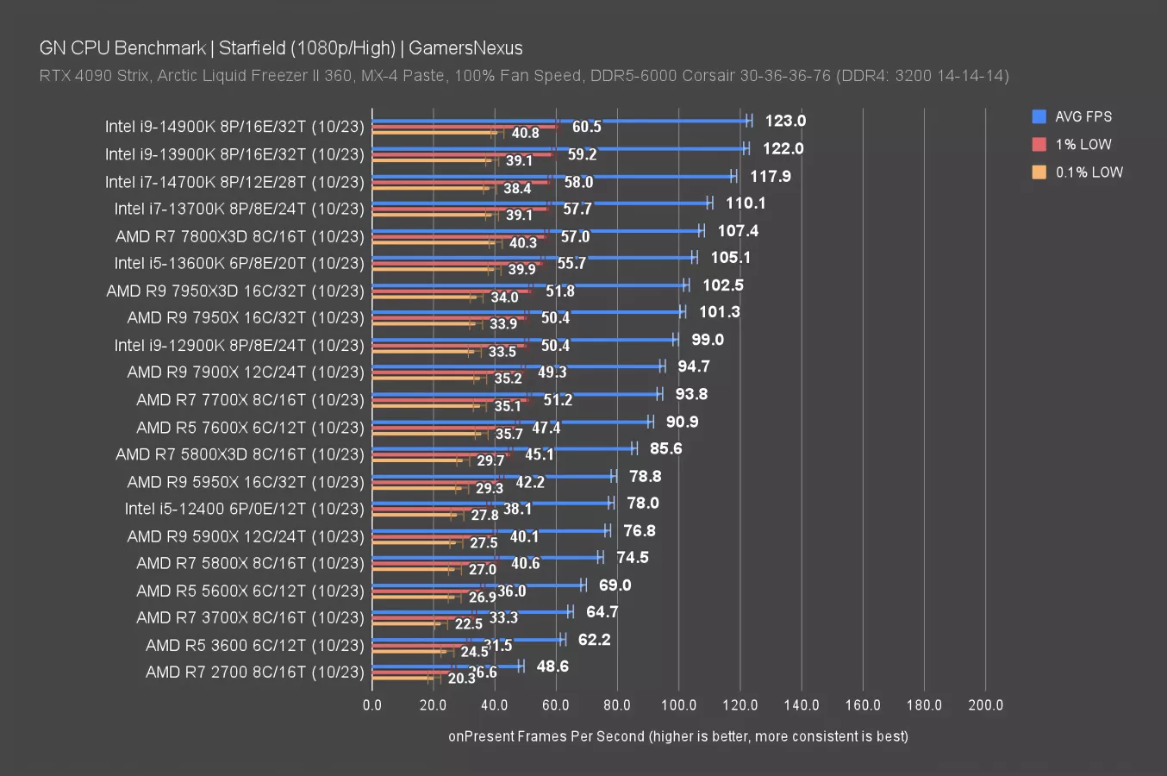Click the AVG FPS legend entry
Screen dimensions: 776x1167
coord(1083,116)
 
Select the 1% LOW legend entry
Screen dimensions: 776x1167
coord(1083,144)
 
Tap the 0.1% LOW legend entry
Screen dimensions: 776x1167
coord(1089,172)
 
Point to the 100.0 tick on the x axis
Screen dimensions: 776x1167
coord(678,704)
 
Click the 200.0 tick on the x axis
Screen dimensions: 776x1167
coord(985,704)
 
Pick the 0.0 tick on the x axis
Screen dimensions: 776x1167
coord(372,704)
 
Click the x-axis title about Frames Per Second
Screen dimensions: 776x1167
coord(677,735)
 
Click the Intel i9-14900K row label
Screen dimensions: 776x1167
coord(234,127)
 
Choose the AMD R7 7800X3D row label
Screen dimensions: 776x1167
coord(240,236)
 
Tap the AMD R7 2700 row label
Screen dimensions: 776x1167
coord(254,672)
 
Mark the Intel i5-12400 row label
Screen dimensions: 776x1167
coord(244,509)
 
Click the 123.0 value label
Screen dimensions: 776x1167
coord(785,121)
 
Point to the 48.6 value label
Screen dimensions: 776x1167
coord(552,666)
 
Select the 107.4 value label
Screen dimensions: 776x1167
coord(738,230)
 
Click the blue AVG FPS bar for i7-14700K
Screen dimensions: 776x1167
coord(552,176)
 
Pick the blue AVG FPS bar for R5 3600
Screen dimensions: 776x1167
coord(465,639)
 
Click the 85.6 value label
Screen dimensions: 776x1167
coord(665,448)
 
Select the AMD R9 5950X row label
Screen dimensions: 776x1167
coord(246,481)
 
